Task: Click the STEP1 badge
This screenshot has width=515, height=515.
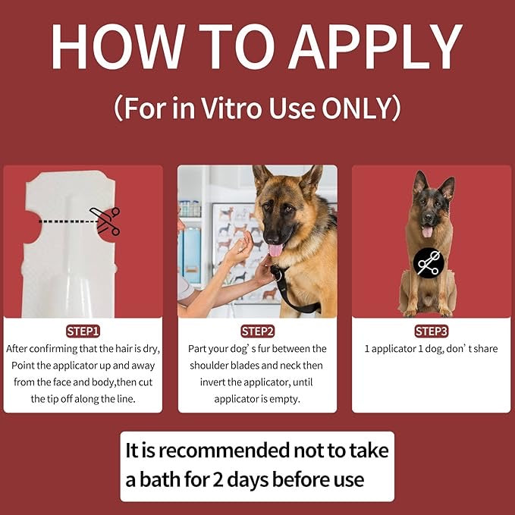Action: tap(83, 331)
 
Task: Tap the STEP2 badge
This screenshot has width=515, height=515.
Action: tap(258, 331)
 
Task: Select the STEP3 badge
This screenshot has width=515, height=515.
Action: tap(432, 331)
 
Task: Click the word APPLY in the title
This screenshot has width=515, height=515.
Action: tap(375, 46)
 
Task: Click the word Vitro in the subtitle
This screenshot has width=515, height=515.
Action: tap(231, 108)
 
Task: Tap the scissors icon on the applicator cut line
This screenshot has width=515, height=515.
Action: tap(105, 221)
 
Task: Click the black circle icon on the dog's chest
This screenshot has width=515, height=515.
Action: tap(429, 263)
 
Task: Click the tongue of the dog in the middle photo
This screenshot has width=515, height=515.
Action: tap(275, 250)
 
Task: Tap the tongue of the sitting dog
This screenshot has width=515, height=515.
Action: tap(427, 231)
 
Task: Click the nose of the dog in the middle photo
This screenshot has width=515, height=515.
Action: tap(272, 236)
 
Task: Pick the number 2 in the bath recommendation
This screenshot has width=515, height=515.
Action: tap(218, 480)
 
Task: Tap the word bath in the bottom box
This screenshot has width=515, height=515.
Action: tap(160, 480)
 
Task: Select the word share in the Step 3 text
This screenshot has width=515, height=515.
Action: tap(486, 348)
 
